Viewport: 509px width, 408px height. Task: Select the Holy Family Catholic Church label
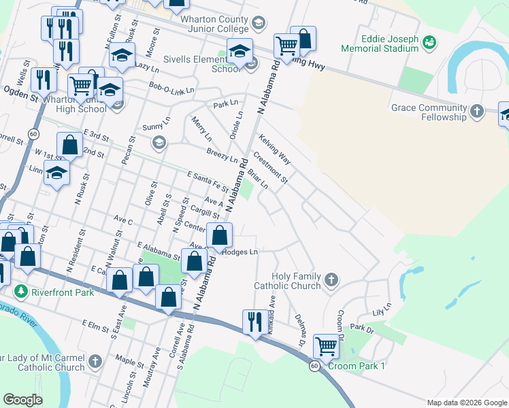point(297,281)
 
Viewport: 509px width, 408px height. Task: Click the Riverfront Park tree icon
point(21,290)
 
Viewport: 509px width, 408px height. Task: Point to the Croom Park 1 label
point(357,367)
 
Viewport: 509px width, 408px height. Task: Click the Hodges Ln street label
point(241,252)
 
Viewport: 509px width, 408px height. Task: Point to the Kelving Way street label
point(275,149)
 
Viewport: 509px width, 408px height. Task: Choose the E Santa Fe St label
point(208,181)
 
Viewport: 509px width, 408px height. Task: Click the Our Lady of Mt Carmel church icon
point(95,360)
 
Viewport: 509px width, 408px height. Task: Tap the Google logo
point(22,400)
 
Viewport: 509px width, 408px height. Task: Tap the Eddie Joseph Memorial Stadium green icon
point(429,44)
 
